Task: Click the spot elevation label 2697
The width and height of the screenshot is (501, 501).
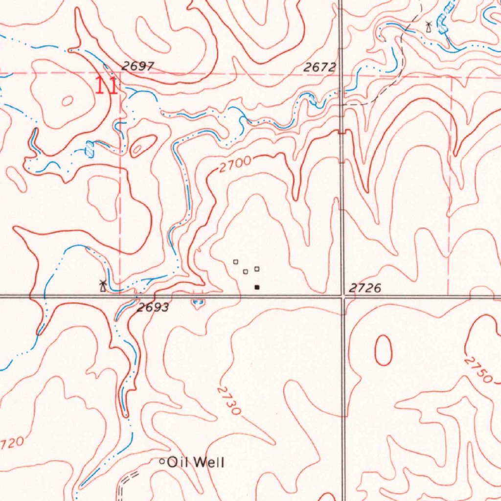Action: click(x=138, y=67)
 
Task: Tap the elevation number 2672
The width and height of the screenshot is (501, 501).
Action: click(x=319, y=68)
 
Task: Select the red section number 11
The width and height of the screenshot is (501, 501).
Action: click(x=106, y=86)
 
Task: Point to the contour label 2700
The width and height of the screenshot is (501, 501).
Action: click(x=235, y=164)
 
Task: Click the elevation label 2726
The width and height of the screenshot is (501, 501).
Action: click(x=365, y=288)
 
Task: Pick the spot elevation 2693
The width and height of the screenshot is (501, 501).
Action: click(x=153, y=308)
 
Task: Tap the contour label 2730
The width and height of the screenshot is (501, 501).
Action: click(x=229, y=400)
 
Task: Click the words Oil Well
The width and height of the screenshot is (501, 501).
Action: click(x=196, y=462)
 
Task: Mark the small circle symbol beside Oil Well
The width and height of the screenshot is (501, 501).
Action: click(x=163, y=461)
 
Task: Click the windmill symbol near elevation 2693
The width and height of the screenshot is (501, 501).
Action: click(x=102, y=285)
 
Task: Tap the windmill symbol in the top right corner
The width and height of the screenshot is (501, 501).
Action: click(x=429, y=26)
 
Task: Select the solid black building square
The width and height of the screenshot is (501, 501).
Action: click(x=257, y=288)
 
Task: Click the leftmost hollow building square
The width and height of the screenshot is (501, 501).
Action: click(x=235, y=262)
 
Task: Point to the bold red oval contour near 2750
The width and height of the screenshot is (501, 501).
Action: click(x=383, y=350)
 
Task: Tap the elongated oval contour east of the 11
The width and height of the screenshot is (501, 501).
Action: click(x=143, y=145)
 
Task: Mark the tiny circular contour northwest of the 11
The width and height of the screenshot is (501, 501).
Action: click(x=67, y=101)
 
